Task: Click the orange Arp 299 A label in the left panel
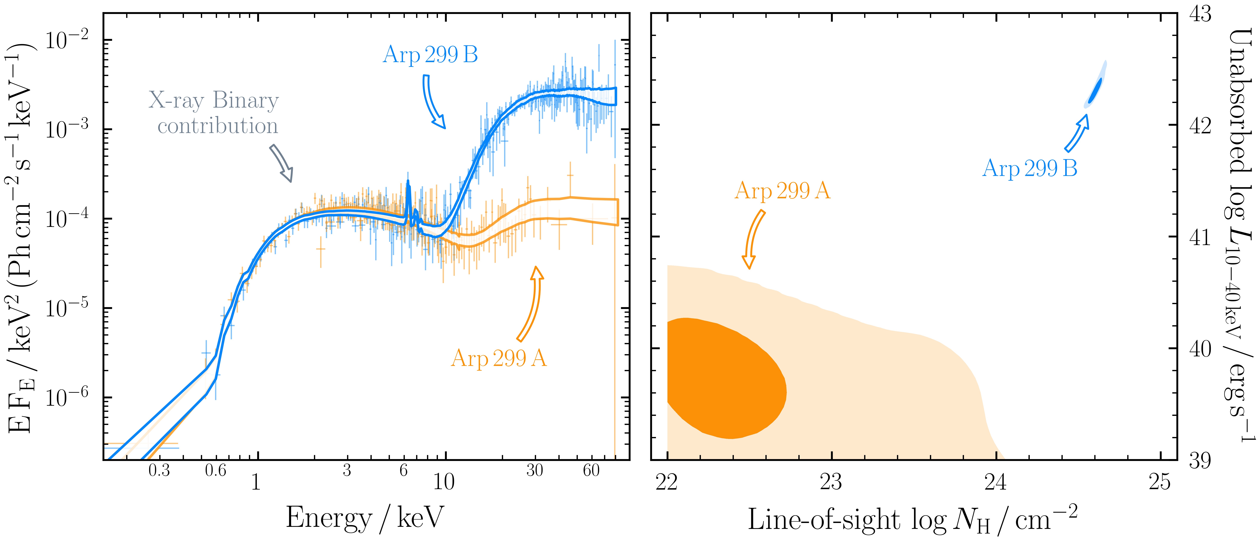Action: pyautogui.click(x=498, y=358)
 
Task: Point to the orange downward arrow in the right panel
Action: pyautogui.click(x=753, y=239)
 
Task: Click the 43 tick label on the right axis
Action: pyautogui.click(x=1200, y=15)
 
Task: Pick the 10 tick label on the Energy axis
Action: pyautogui.click(x=444, y=482)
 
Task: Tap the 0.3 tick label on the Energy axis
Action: pyautogui.click(x=159, y=471)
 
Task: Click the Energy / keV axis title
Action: pyautogui.click(x=364, y=518)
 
